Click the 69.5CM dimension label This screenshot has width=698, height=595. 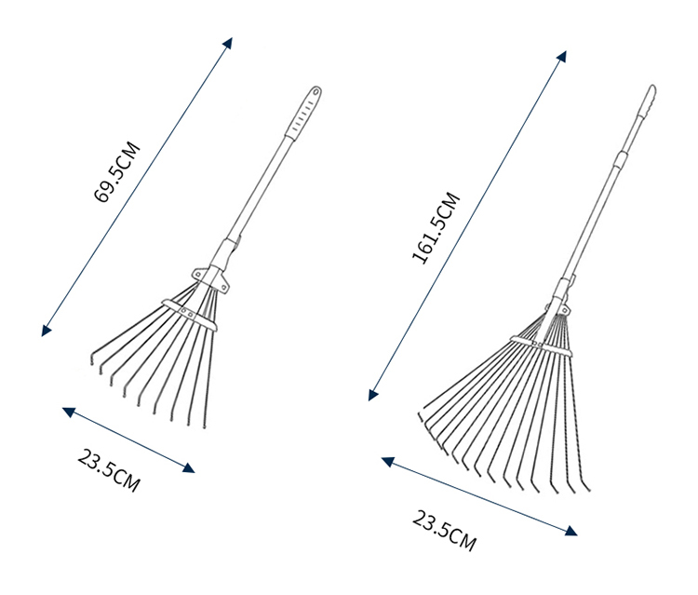pyautogui.click(x=117, y=172)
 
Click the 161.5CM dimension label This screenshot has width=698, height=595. pyautogui.click(x=436, y=228)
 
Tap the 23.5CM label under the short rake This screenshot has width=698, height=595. pyautogui.click(x=109, y=470)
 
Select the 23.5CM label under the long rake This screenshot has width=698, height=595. pyautogui.click(x=444, y=532)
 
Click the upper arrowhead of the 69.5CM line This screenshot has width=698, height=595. pyautogui.click(x=228, y=43)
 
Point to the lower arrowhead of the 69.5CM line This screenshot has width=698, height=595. pyautogui.click(x=46, y=330)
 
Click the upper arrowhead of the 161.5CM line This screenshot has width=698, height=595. pyautogui.click(x=562, y=56)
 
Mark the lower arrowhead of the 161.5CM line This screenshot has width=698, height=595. pyautogui.click(x=373, y=395)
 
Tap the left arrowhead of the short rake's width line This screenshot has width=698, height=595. pyautogui.click(x=68, y=412)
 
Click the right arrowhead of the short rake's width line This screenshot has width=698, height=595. pyautogui.click(x=189, y=467)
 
